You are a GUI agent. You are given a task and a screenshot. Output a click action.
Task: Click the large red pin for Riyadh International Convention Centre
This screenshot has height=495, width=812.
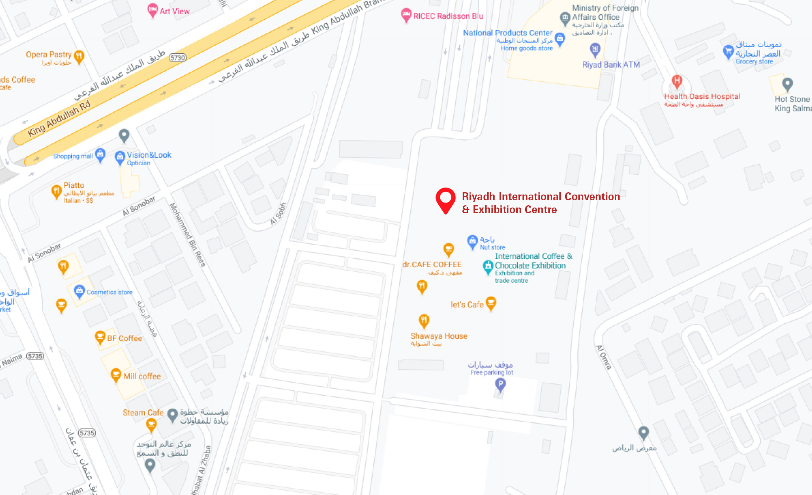pyautogui.click(x=445, y=199)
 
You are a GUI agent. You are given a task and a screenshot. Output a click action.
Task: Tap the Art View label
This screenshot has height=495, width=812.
pyautogui.click(x=174, y=11)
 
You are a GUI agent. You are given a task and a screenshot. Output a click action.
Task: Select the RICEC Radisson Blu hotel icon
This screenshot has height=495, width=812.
pyautogui.click(x=406, y=15)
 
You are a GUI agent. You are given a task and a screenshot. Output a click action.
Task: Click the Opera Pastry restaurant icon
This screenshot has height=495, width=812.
pyautogui.click(x=79, y=56)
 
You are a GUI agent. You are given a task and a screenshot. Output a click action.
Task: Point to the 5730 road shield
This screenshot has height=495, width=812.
pyautogui.click(x=177, y=58)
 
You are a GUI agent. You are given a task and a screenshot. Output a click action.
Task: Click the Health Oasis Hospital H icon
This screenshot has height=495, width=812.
pyautogui.click(x=677, y=81)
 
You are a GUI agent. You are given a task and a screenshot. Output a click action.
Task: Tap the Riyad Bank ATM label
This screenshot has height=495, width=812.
pyautogui.click(x=611, y=65)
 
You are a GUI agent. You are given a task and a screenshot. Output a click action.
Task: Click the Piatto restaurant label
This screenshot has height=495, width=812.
pyautogui.click(x=74, y=185)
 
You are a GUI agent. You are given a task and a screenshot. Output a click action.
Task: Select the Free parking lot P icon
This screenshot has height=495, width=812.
pyautogui.click(x=500, y=384)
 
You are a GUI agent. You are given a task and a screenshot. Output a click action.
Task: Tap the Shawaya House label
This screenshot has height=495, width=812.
pyautogui.click(x=439, y=336)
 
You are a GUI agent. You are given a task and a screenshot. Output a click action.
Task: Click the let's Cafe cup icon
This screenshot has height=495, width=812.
pyautogui.click(x=491, y=302)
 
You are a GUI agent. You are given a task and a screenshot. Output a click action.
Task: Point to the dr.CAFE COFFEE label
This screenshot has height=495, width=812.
pyautogui.click(x=432, y=265)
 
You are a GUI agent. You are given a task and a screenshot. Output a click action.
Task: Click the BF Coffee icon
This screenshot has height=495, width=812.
pyautogui.click(x=100, y=337)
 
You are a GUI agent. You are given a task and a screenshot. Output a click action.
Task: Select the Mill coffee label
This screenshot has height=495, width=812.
pyautogui.click(x=142, y=376)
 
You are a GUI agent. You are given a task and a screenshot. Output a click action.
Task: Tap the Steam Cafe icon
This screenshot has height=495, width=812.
pyautogui.click(x=151, y=425)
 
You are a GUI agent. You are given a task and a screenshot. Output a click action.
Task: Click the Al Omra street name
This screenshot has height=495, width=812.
pyautogui.click(x=604, y=357)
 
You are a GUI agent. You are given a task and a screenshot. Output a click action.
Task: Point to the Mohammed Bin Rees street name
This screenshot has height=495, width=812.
pyautogui.click(x=187, y=234)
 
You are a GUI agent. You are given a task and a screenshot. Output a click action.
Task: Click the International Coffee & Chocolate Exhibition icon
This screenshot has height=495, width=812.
pyautogui.click(x=488, y=266)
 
